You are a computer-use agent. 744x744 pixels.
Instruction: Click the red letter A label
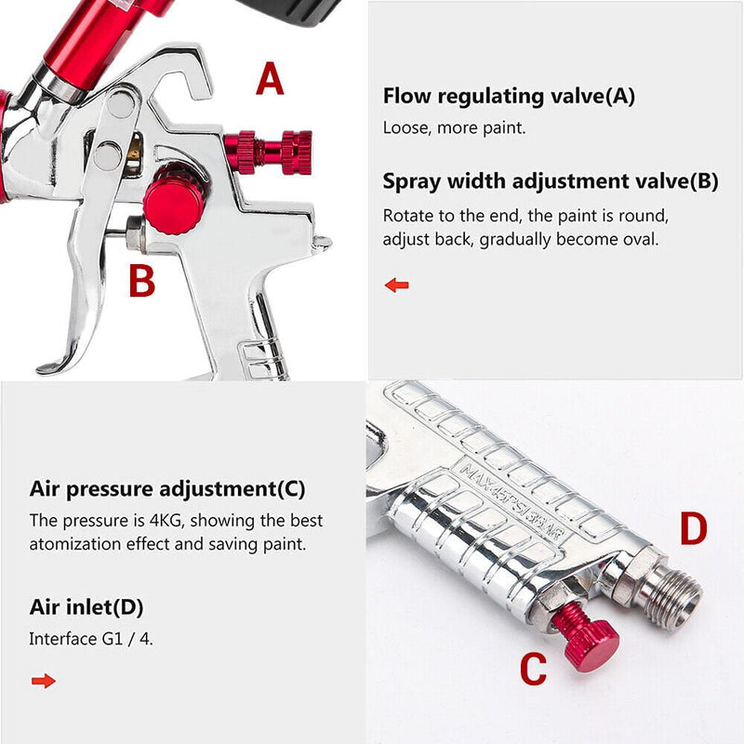[x=270, y=80]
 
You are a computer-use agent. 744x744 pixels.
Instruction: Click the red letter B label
[x=141, y=281]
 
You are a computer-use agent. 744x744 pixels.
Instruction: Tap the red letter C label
[x=533, y=669]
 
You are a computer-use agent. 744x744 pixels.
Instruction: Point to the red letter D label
[x=693, y=528]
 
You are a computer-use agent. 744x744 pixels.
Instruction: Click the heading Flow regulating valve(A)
[x=509, y=96]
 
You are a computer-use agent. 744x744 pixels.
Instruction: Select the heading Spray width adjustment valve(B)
[x=551, y=181]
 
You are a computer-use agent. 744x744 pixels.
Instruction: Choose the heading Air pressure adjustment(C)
[x=167, y=488]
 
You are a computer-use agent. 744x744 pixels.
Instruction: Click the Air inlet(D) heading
[x=86, y=607]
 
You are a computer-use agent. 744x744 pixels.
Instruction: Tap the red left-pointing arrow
[x=397, y=285]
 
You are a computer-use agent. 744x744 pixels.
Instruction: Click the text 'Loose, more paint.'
[x=454, y=128]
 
